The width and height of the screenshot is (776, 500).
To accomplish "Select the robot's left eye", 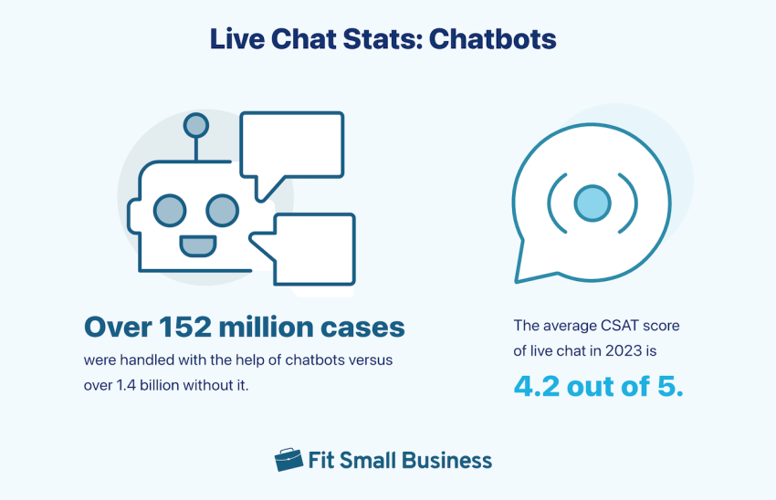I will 169,211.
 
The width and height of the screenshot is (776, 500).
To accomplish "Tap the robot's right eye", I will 222,211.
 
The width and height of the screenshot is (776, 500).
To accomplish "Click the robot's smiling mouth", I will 196,245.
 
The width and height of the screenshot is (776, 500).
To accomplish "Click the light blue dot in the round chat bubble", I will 592,201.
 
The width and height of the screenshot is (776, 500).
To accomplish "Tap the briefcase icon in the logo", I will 288,460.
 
